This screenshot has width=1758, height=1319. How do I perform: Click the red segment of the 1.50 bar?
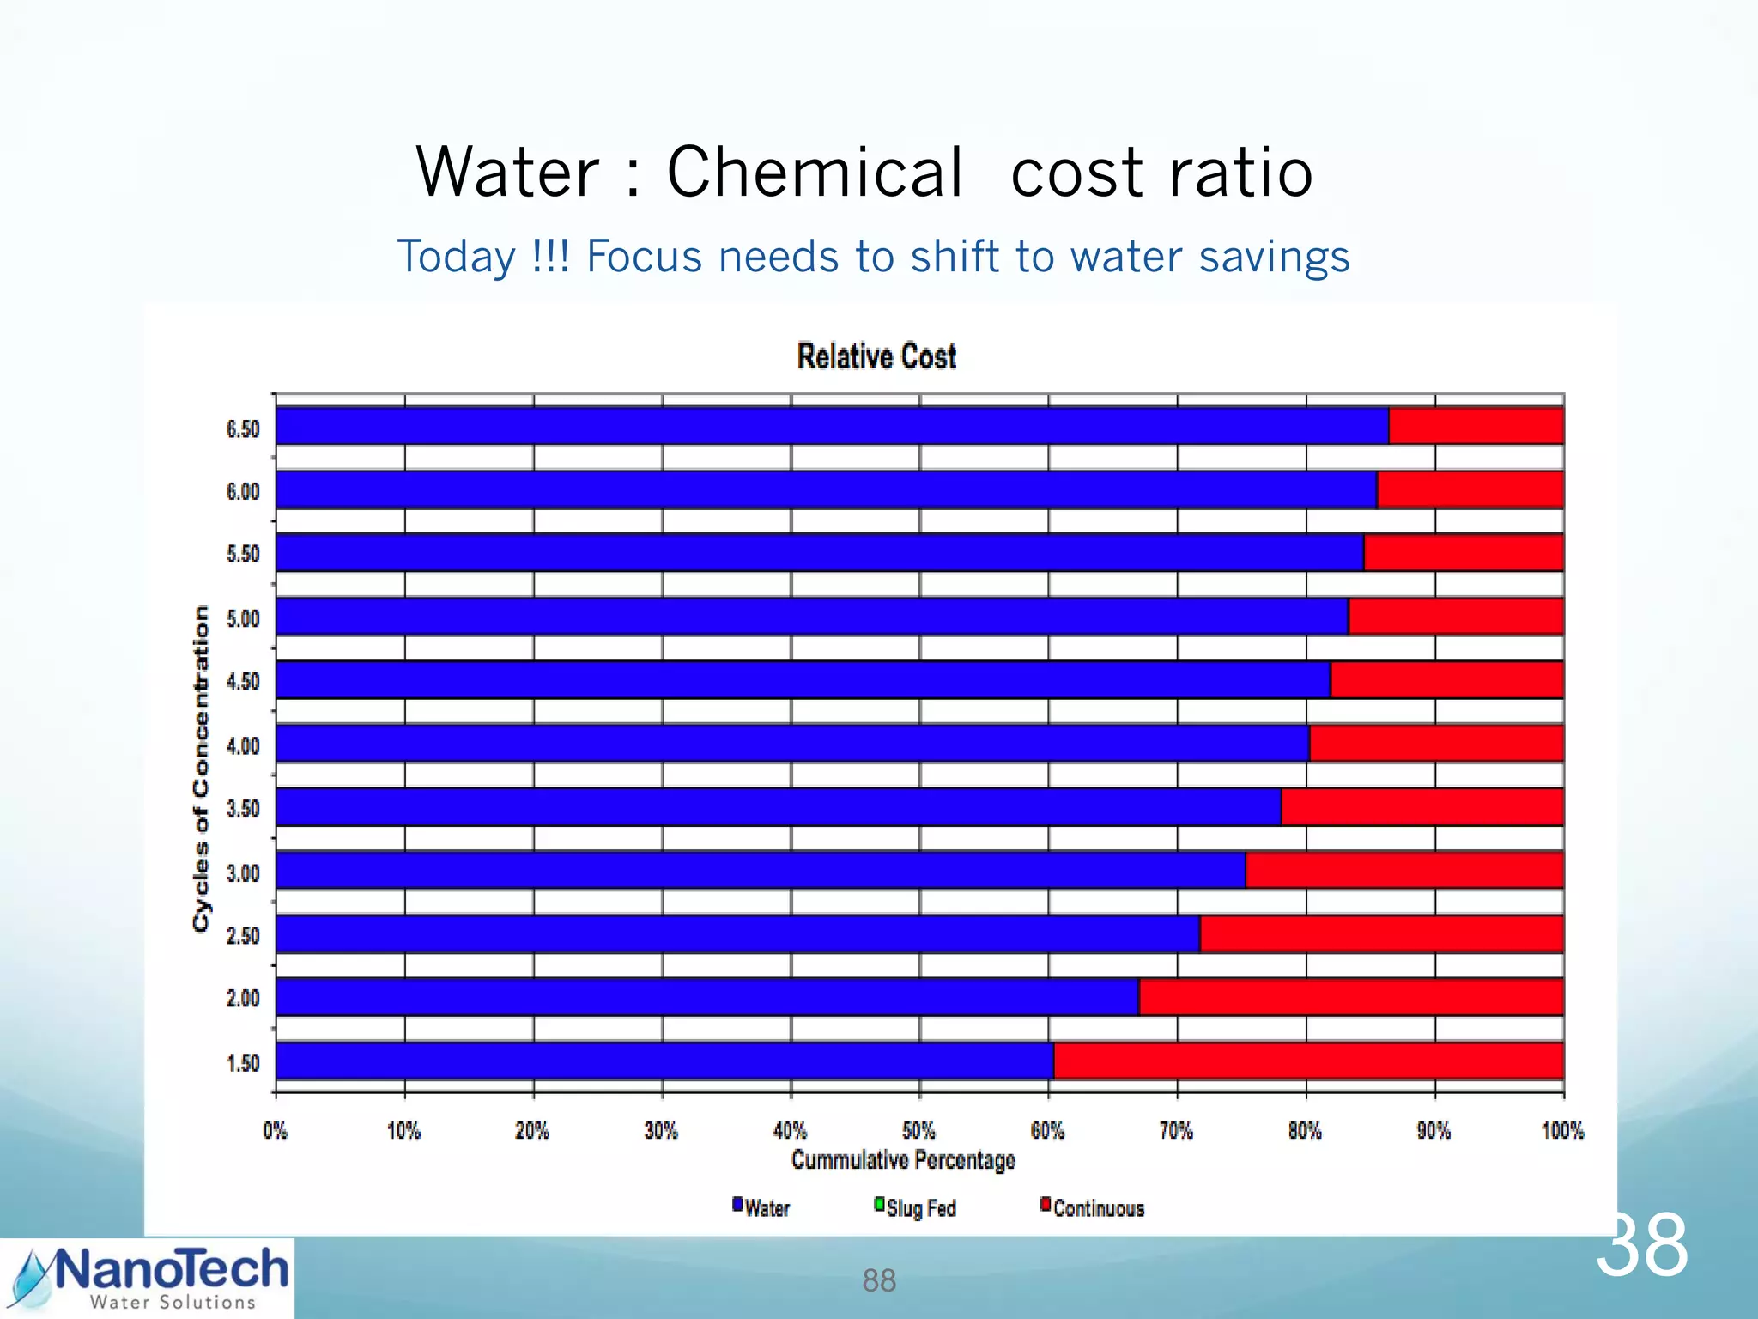[x=1307, y=1061]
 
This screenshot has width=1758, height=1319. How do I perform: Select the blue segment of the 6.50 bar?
[x=831, y=426]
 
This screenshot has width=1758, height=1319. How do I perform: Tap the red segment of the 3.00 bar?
[x=1403, y=870]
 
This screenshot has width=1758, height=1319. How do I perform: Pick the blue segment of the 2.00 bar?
[x=706, y=997]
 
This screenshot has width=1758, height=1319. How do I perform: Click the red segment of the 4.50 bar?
[x=1446, y=679]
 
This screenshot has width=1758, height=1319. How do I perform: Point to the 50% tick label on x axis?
[x=918, y=1130]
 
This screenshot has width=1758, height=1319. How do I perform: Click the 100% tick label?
[x=1562, y=1130]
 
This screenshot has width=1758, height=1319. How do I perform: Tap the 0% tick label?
[x=275, y=1130]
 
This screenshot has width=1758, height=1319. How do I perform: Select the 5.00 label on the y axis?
[x=243, y=618]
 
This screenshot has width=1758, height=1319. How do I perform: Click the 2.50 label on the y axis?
[x=243, y=935]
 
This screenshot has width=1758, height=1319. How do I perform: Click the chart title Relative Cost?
[x=876, y=356]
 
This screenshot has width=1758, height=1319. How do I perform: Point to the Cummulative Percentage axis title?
[x=903, y=1160]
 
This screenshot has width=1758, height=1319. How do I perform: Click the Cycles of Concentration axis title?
[x=201, y=768]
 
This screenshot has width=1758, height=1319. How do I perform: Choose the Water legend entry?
[x=761, y=1208]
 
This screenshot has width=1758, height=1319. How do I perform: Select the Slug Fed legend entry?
[x=915, y=1208]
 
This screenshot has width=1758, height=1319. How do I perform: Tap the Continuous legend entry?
[x=1093, y=1208]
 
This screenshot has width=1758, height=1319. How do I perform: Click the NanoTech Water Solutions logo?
[x=148, y=1278]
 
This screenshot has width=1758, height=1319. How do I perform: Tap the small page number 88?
[x=879, y=1280]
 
